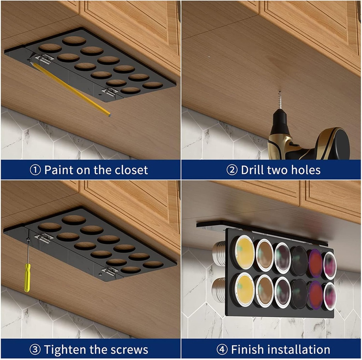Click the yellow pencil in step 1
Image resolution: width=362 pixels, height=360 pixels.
click(x=71, y=88)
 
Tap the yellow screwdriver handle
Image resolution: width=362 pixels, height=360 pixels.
click(x=27, y=277)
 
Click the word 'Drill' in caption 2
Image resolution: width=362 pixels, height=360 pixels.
click(x=253, y=170)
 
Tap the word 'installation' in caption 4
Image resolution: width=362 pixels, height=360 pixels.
click(x=299, y=350)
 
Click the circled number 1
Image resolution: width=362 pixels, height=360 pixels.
click(x=35, y=170)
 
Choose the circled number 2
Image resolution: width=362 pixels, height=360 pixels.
click(x=232, y=170)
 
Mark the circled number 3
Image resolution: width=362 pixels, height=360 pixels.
click(x=35, y=350)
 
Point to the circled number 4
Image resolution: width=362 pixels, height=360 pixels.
click(x=222, y=350)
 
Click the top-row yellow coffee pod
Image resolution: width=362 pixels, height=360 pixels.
click(x=245, y=252)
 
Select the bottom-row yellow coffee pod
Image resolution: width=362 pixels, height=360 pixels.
click(x=244, y=289)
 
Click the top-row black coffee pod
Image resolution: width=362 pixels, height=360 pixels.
click(x=299, y=261)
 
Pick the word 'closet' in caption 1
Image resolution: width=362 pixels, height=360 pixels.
click(x=131, y=170)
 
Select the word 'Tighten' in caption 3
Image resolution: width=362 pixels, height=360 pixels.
click(x=64, y=350)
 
